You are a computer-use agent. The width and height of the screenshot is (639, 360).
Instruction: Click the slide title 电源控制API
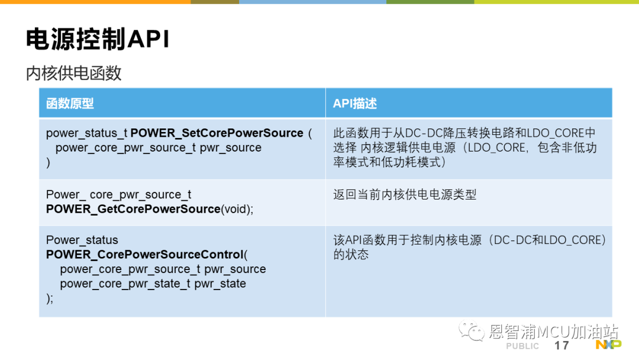pyautogui.click(x=98, y=40)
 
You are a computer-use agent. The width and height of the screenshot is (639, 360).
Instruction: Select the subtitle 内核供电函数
pyautogui.click(x=74, y=73)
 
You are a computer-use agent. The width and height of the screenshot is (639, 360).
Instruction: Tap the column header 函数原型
pyautogui.click(x=70, y=104)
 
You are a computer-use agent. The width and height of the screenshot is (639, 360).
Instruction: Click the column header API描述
pyautogui.click(x=355, y=104)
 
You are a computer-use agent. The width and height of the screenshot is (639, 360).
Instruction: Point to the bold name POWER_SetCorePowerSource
pyautogui.click(x=217, y=133)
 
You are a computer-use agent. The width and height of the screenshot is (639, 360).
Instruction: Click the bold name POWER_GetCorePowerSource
pyautogui.click(x=133, y=209)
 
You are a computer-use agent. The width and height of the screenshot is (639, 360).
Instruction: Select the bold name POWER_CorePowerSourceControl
pyautogui.click(x=145, y=255)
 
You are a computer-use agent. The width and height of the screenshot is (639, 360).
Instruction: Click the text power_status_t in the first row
pyautogui.click(x=87, y=133)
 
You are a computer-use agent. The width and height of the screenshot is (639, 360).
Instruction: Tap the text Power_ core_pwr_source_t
pyautogui.click(x=118, y=195)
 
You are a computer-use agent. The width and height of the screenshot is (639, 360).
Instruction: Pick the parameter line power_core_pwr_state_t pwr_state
pyautogui.click(x=153, y=284)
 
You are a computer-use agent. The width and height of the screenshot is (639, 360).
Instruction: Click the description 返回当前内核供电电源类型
pyautogui.click(x=405, y=194)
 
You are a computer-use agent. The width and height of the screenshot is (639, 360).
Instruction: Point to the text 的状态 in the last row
pyautogui.click(x=351, y=255)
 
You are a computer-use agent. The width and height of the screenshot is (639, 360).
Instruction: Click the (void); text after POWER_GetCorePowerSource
pyautogui.click(x=237, y=209)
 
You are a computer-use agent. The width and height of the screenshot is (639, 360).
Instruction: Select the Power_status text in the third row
pyautogui.click(x=82, y=240)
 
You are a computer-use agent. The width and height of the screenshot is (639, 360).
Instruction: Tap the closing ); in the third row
pyautogui.click(x=50, y=298)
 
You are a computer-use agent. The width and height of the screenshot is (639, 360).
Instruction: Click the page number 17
pyautogui.click(x=561, y=346)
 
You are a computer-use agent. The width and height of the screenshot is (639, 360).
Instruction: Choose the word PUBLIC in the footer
pyautogui.click(x=522, y=346)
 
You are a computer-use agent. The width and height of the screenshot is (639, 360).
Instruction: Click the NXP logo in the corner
pyautogui.click(x=608, y=345)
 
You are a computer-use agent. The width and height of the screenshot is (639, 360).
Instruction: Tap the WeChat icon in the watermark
pyautogui.click(x=472, y=330)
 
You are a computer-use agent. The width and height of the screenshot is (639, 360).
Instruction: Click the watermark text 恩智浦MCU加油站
pyautogui.click(x=553, y=332)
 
